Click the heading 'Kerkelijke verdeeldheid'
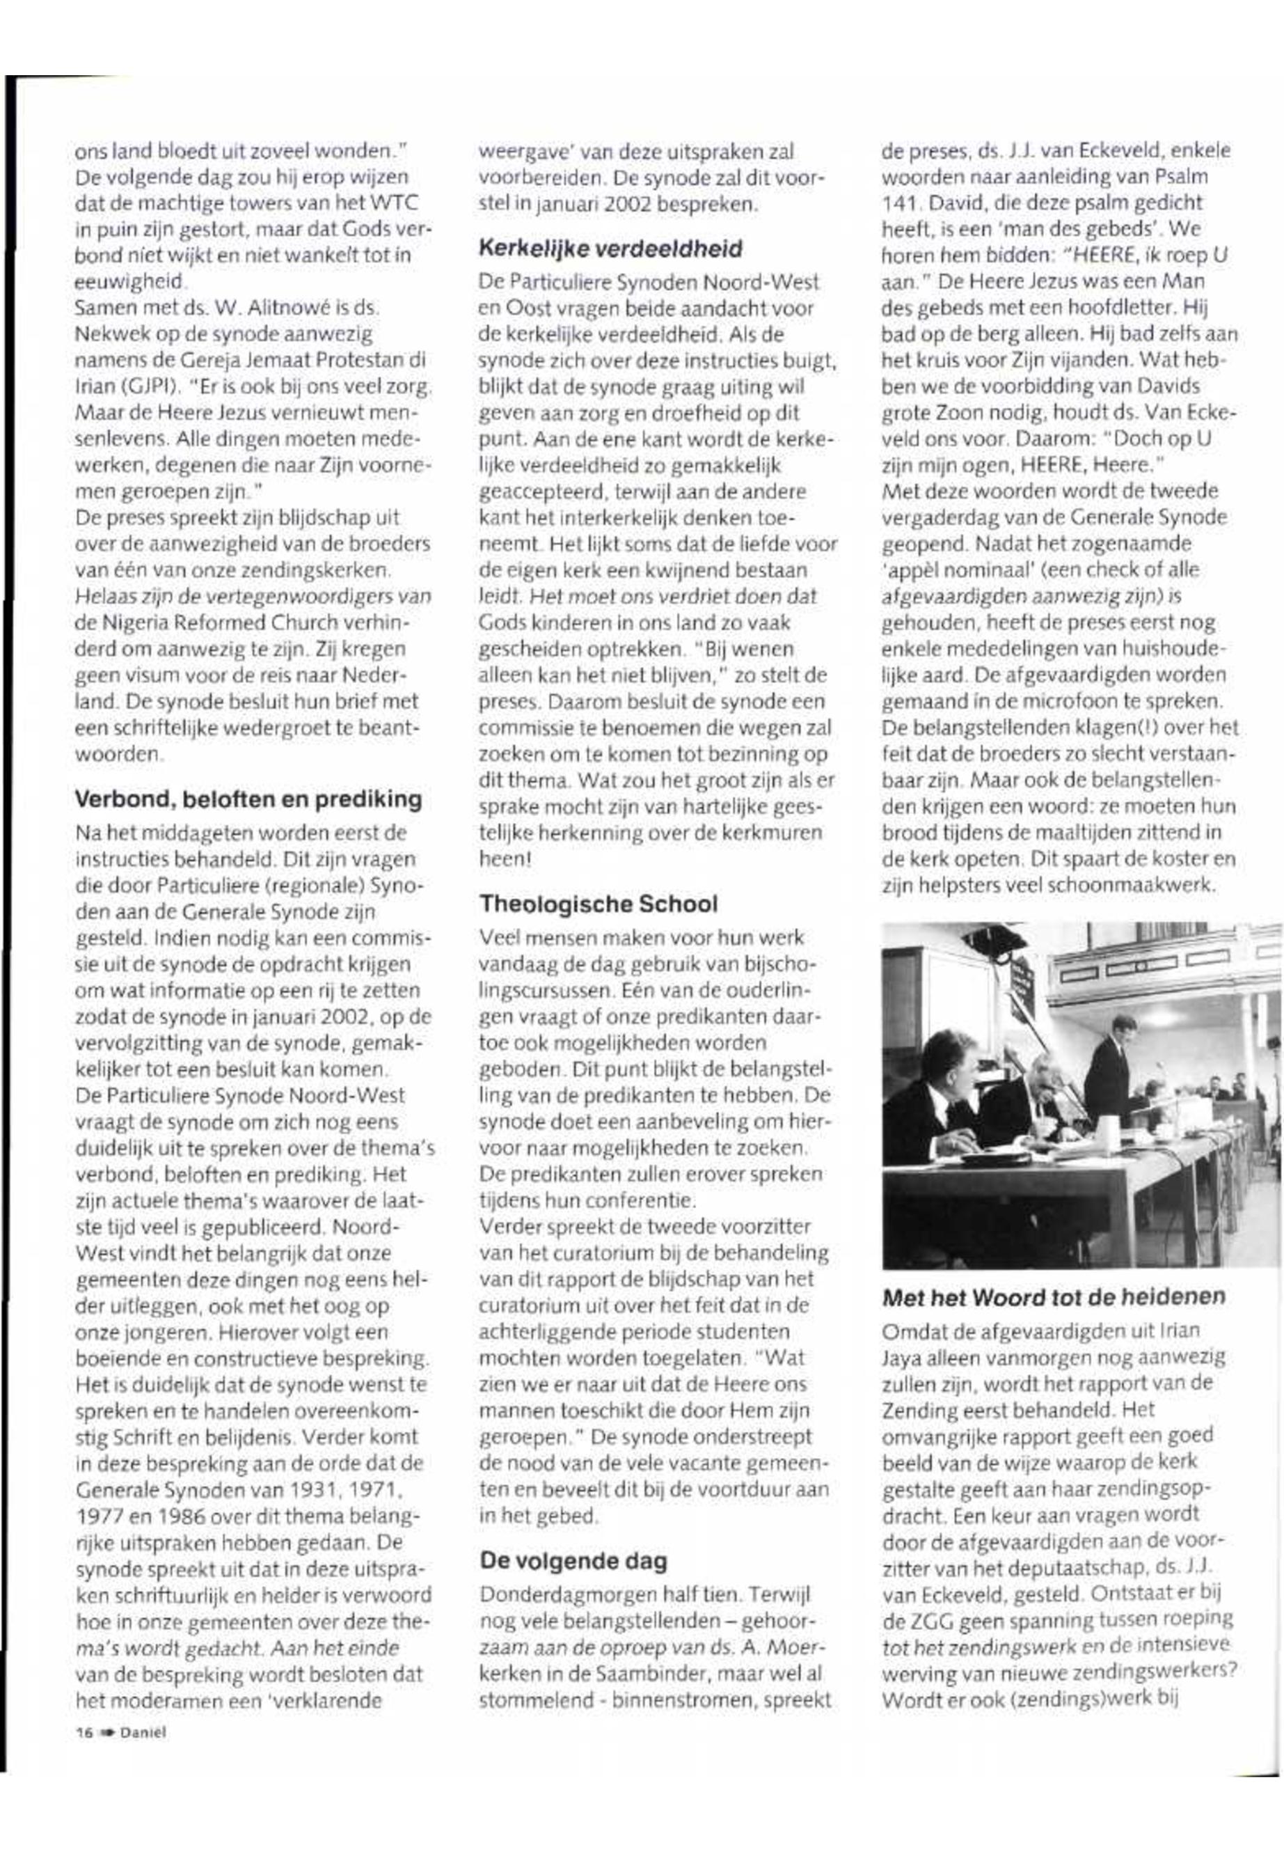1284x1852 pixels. click(610, 249)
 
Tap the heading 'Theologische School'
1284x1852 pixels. click(598, 904)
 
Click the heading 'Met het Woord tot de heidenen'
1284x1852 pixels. click(1054, 1296)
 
